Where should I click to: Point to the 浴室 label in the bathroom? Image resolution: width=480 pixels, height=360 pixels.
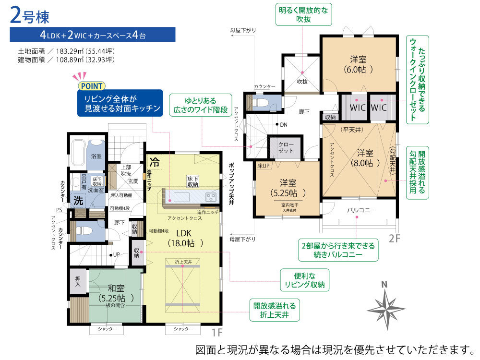[96, 156]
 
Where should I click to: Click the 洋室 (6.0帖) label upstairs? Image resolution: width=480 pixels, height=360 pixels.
[358, 64]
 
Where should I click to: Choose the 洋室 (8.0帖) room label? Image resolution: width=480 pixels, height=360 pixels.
[365, 158]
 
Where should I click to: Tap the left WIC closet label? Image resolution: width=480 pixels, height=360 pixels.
[358, 108]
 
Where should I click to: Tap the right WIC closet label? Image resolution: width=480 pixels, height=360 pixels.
[379, 108]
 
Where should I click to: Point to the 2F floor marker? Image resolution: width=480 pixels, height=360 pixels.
[394, 239]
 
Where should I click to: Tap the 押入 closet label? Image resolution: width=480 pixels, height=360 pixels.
[78, 282]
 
